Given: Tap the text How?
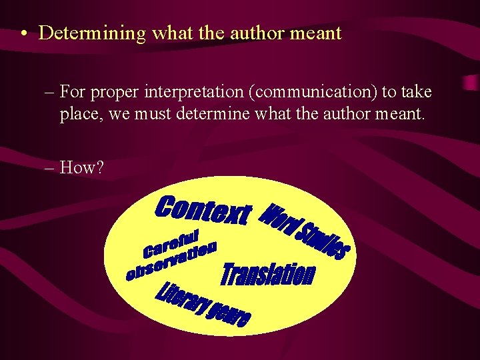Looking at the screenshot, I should click(81, 167).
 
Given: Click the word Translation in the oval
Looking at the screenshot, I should click(267, 274).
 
